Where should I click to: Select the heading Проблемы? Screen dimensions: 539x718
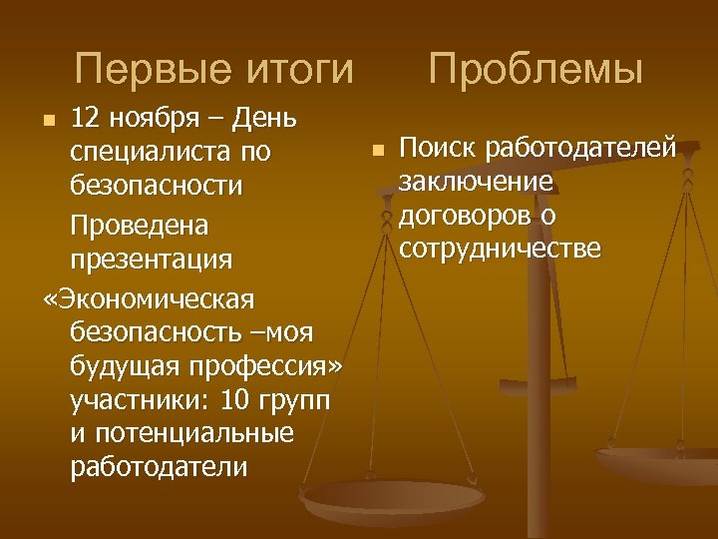pos(537,71)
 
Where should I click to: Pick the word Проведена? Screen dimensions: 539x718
pos(140,226)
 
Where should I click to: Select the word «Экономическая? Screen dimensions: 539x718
pos(149,297)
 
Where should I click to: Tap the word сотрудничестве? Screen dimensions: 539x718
pos(500,249)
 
